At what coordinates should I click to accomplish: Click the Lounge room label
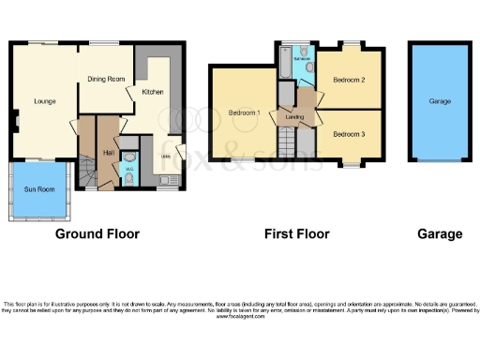44,100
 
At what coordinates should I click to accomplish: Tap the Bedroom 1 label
244,113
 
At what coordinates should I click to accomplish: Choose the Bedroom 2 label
349,80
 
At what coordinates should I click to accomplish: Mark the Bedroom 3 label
349,132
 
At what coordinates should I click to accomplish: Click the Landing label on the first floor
295,117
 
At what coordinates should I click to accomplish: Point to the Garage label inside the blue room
440,101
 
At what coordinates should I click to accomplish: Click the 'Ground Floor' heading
97,233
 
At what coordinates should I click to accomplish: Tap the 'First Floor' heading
296,233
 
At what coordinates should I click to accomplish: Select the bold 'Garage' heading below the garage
440,233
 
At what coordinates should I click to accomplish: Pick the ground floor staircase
87,172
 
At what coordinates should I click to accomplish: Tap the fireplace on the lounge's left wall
16,118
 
